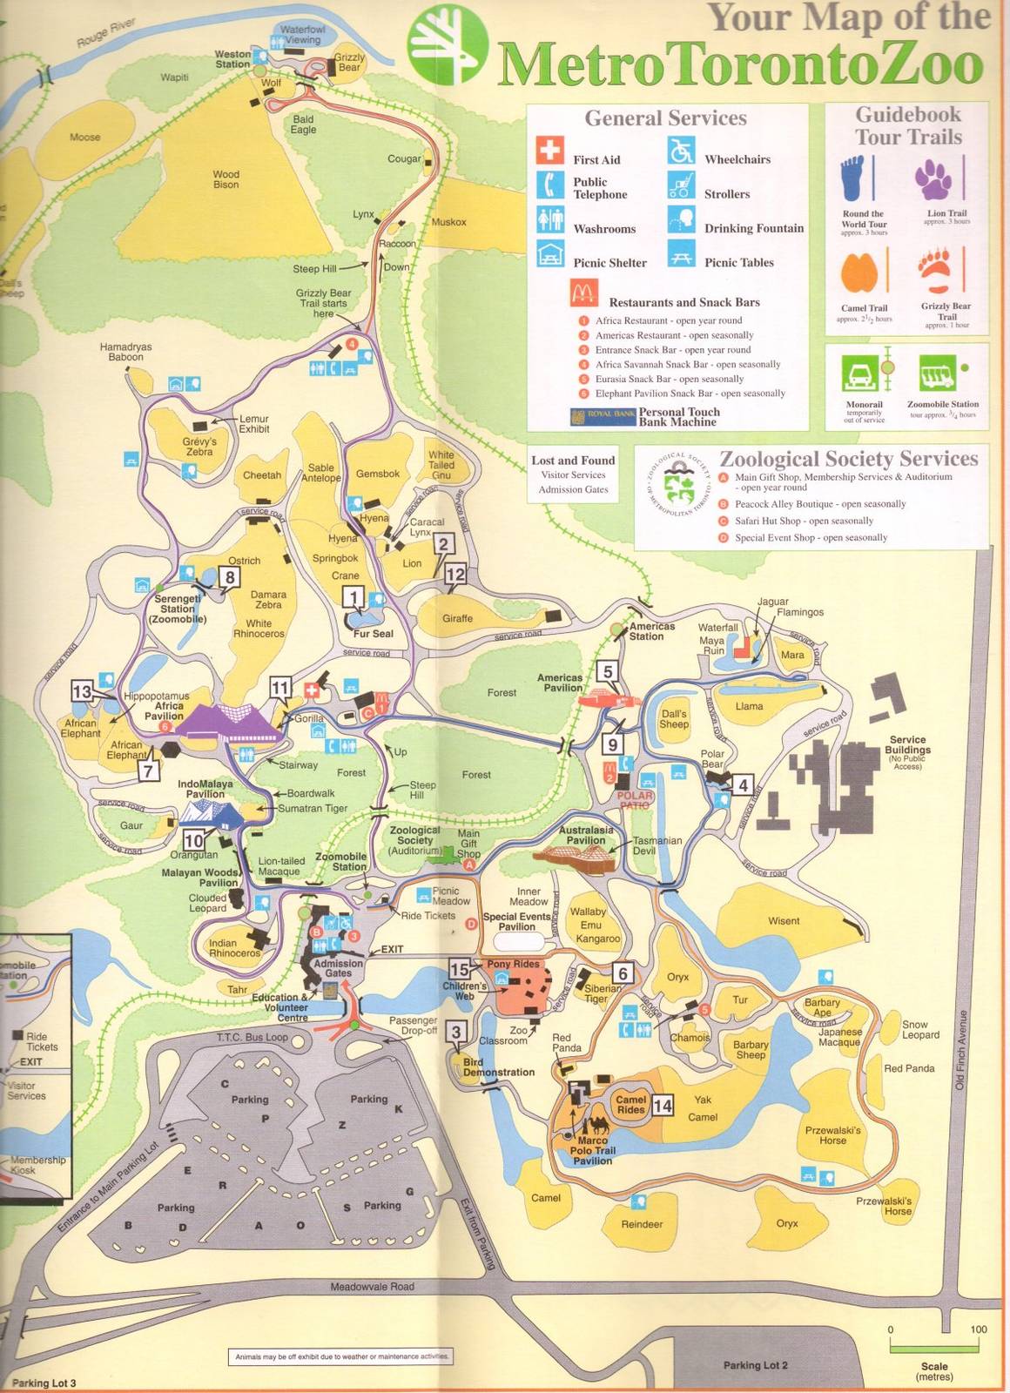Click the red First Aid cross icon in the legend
point(549,151)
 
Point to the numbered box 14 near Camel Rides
point(663,1106)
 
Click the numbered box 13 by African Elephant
point(82,691)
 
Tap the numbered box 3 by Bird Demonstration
point(455,1033)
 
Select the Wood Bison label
point(226,179)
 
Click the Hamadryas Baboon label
point(125,352)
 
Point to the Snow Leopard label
point(920,1029)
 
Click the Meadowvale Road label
point(372,1287)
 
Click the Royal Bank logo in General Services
point(603,417)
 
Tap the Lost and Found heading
point(573,461)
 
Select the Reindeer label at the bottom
point(642,1224)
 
